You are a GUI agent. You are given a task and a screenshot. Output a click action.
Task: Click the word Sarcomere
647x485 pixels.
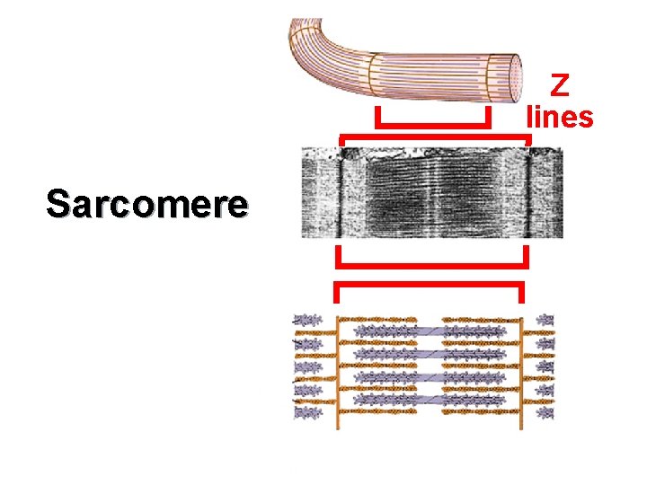(x=146, y=204)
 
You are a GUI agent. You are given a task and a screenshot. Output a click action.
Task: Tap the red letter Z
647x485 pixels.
(x=560, y=86)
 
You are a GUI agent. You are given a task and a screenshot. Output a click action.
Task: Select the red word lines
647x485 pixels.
(x=560, y=116)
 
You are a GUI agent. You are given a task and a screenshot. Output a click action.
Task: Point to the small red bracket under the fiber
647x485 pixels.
(x=432, y=124)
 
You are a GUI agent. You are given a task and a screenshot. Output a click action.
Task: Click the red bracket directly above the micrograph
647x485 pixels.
(x=435, y=139)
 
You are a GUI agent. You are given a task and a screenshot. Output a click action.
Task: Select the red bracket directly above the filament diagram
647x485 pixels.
(x=429, y=286)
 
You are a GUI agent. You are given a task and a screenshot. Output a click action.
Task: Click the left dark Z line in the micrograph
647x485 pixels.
(x=342, y=192)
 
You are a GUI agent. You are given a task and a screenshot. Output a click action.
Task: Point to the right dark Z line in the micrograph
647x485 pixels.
(x=528, y=192)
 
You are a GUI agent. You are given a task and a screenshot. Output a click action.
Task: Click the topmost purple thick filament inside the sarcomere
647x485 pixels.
(x=430, y=331)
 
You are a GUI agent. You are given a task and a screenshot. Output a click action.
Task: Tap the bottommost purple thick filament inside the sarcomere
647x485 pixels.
(x=430, y=400)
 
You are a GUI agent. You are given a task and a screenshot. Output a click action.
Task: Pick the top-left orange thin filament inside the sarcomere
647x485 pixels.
(x=377, y=319)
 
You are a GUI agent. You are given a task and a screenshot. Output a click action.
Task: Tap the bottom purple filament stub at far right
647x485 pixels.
(x=545, y=413)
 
